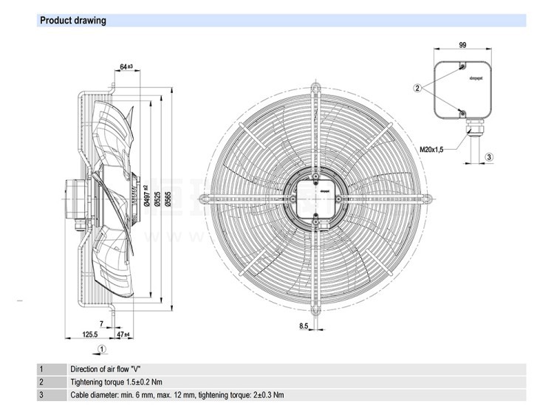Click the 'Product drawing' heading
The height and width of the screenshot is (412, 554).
[x=72, y=21]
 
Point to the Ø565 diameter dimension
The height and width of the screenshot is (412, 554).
[x=168, y=197]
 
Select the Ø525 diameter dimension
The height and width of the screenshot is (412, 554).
[x=157, y=197]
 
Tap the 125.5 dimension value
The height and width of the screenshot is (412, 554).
[x=89, y=334]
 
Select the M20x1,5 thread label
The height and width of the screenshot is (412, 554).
[x=433, y=149]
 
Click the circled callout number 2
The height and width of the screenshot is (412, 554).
[x=417, y=89]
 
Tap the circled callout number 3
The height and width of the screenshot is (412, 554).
[x=489, y=157]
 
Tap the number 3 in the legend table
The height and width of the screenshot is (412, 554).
[x=41, y=394]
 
